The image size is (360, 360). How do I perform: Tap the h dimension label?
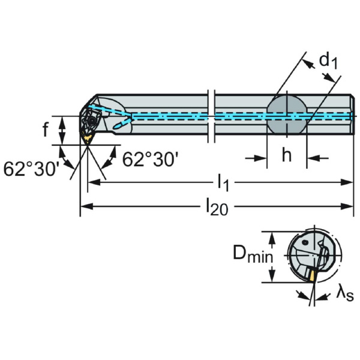click(x=287, y=155)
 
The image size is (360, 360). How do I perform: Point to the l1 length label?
click(x=223, y=181)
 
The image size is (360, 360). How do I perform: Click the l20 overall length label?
click(x=217, y=207)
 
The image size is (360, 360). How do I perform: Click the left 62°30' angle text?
click(x=31, y=168)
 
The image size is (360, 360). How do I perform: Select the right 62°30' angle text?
click(x=150, y=159)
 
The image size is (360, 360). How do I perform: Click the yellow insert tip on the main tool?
click(x=88, y=139)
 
